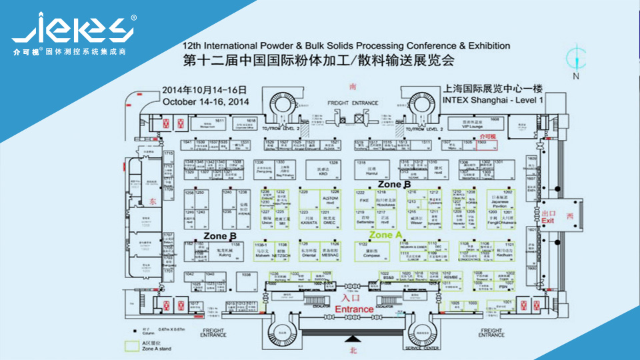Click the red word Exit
click(548, 220)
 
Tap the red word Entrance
click(354, 309)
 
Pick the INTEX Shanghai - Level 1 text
click(493, 99)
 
